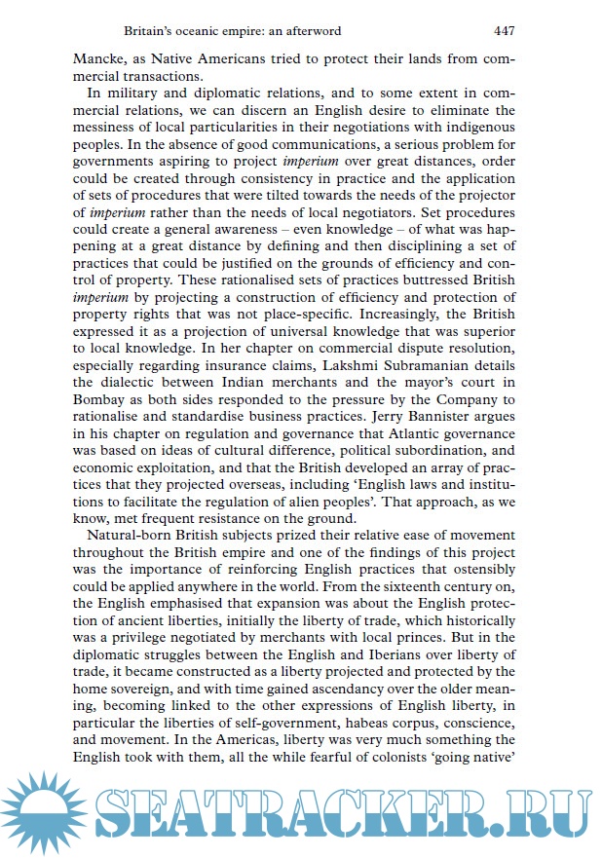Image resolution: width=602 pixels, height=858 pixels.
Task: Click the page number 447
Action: point(504,30)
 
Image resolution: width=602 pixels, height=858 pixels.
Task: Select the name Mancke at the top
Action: point(100,57)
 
